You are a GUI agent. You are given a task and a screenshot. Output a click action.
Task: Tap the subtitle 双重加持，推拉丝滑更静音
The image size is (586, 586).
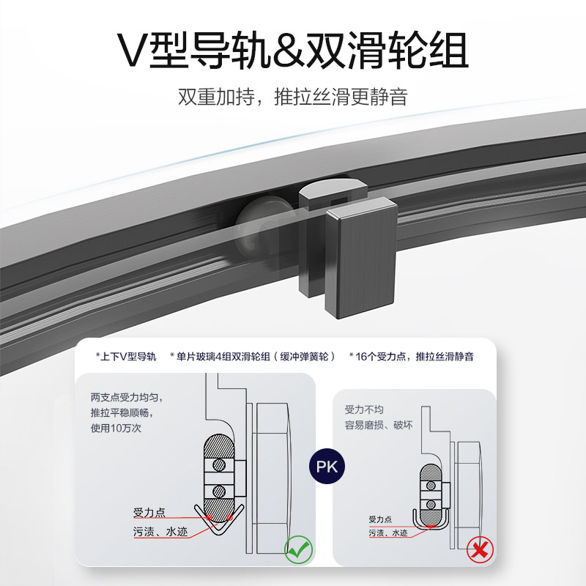click(293, 97)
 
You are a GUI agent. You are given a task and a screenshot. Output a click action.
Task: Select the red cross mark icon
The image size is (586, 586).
click(480, 550)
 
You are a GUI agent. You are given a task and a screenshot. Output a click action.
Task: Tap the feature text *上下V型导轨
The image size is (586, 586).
click(126, 357)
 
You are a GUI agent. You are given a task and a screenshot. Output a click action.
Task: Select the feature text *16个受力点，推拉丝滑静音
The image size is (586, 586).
click(411, 357)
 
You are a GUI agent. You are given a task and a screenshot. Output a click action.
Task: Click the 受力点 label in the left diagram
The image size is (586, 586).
click(151, 512)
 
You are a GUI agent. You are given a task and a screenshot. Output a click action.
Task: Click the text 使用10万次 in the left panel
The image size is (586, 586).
click(116, 427)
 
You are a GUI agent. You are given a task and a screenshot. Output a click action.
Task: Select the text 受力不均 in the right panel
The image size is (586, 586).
click(364, 410)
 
